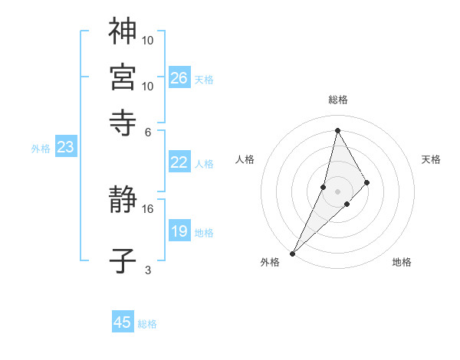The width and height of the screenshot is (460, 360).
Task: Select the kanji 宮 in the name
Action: coord(123,77)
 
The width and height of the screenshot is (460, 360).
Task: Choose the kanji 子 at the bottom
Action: coord(123,261)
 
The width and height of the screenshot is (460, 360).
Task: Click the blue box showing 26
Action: coord(179,77)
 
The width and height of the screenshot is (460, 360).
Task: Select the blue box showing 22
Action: coord(179,162)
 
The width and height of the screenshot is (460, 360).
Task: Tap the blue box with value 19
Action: coord(179,231)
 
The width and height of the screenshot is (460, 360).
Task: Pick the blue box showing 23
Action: coord(65,147)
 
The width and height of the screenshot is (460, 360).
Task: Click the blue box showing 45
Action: coord(123,322)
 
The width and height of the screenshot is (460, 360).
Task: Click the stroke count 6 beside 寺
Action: coord(148,131)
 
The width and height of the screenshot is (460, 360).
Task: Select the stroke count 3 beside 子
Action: coord(148,270)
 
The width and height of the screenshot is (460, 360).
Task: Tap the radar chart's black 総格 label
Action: coord(338,100)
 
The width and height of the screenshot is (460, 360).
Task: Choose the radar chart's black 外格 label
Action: coord(270,263)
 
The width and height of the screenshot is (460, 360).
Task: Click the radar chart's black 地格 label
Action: coord(402,263)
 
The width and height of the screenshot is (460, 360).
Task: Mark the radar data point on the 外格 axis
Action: coord(293,254)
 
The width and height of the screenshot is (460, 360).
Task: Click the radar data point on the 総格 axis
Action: coord(337,130)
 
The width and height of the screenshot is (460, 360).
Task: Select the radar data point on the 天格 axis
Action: coord(367,182)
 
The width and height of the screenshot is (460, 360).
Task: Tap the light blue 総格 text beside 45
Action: coord(147,324)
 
